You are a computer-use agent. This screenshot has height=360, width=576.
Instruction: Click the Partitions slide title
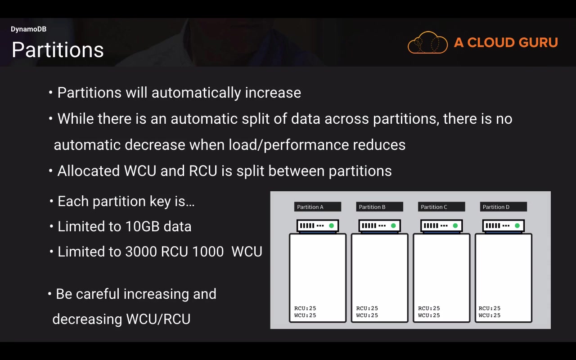click(x=58, y=49)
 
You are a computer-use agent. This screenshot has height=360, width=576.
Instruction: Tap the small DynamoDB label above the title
click(x=28, y=29)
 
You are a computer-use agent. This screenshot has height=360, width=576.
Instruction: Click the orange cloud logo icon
click(x=427, y=42)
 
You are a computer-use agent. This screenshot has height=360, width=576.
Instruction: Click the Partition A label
click(x=318, y=207)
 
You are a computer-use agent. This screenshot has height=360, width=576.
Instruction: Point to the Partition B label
click(x=379, y=207)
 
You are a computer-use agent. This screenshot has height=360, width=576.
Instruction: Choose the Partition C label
click(x=441, y=207)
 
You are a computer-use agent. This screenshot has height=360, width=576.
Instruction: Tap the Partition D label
click(x=504, y=207)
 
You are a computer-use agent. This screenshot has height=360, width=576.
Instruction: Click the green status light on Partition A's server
click(x=332, y=226)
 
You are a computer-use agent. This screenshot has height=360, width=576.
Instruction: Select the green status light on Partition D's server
click(x=517, y=226)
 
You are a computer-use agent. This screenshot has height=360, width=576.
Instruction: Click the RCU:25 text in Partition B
click(x=367, y=308)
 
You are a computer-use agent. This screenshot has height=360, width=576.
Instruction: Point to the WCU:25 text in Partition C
click(x=429, y=315)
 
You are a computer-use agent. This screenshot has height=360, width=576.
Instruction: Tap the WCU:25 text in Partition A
click(x=305, y=315)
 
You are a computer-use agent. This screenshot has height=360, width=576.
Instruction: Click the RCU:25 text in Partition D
click(x=490, y=308)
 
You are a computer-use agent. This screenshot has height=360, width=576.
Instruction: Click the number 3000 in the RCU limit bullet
click(x=141, y=252)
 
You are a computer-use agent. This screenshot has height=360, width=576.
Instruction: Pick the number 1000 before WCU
click(x=208, y=252)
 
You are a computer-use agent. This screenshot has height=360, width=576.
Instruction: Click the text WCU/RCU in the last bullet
click(x=158, y=319)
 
